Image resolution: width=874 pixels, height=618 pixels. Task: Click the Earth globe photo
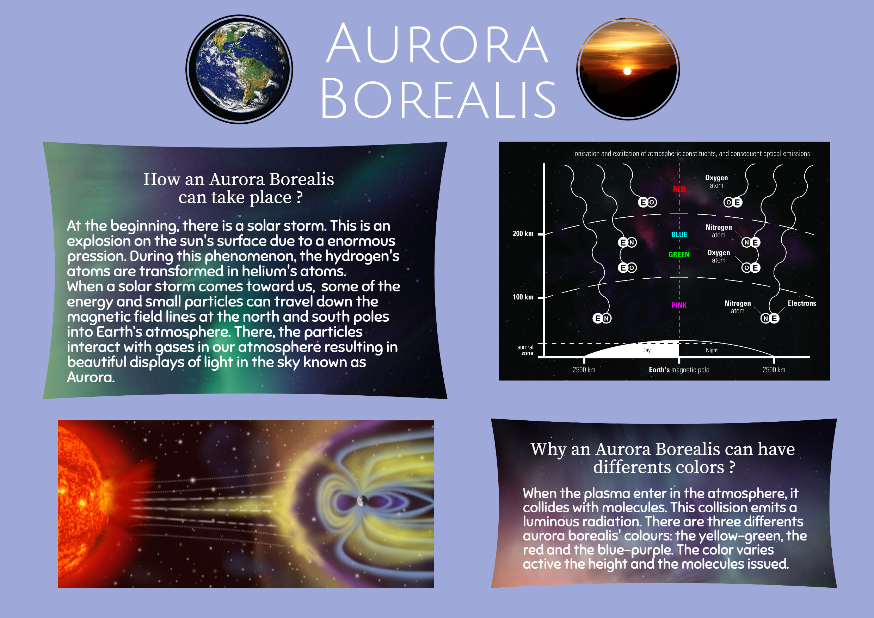(x=239, y=69)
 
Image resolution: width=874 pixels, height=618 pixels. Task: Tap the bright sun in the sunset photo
(x=627, y=71)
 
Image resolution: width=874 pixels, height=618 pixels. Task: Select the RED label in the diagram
(x=679, y=189)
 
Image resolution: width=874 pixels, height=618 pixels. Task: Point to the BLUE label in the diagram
(x=679, y=235)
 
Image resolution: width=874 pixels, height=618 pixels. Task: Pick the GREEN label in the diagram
(x=679, y=255)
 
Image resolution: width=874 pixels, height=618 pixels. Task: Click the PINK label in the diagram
(x=679, y=305)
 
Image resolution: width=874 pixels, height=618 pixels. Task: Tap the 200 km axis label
(x=523, y=234)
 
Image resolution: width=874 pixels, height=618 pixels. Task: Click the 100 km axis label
(x=523, y=297)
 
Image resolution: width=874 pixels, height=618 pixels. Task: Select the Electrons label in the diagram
(x=802, y=303)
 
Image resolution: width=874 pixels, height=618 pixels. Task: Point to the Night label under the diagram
(x=712, y=350)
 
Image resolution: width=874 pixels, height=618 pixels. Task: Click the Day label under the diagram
(x=646, y=350)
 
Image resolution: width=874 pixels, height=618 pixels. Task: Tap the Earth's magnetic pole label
(x=679, y=370)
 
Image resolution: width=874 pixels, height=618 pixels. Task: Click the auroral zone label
(x=525, y=350)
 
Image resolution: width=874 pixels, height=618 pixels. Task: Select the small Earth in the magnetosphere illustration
(x=362, y=501)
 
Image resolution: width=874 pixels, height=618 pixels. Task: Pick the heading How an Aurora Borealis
(x=238, y=179)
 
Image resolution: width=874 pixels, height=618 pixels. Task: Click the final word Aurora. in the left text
(x=91, y=377)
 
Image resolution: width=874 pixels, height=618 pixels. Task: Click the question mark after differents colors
(x=732, y=467)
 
